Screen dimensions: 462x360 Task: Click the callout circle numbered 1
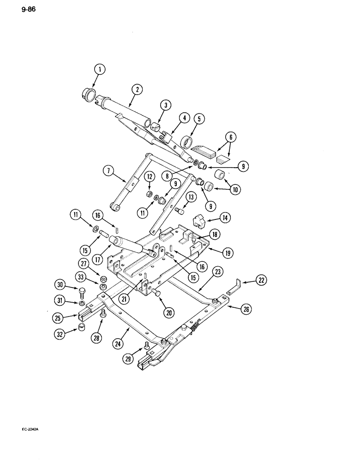point(99,70)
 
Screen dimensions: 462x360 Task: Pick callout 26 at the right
point(246,310)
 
